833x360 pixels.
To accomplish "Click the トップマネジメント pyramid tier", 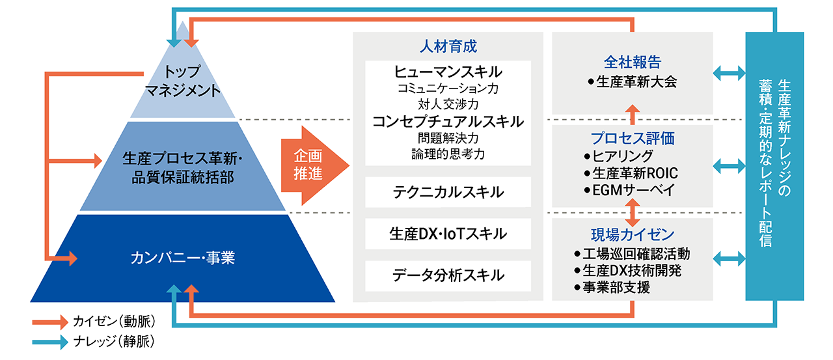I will [x=182, y=81].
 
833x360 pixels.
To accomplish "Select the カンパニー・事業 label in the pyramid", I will [x=182, y=258].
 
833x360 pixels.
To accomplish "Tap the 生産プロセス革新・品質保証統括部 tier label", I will [x=182, y=167].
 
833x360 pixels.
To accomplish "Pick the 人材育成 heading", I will [x=448, y=47].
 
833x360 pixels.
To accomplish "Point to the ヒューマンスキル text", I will [x=448, y=71].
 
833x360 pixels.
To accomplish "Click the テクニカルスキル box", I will [x=448, y=192].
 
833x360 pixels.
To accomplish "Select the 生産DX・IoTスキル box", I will [x=448, y=234].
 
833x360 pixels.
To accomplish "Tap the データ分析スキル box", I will [x=448, y=275].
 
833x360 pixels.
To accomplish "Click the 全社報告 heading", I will [x=632, y=62].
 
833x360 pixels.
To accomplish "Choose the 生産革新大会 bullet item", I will [x=632, y=82].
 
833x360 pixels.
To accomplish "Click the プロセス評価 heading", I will [x=632, y=138].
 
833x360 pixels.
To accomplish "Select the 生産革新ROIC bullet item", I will [x=632, y=173].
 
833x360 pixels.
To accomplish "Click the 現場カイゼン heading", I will [x=632, y=234].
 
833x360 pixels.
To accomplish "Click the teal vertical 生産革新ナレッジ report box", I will [x=774, y=167].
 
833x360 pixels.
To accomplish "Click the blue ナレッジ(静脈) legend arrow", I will [x=50, y=340].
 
